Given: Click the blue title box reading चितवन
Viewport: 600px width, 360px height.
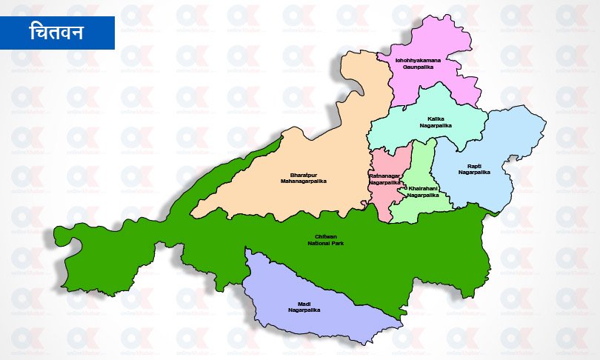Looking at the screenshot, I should coord(57,32).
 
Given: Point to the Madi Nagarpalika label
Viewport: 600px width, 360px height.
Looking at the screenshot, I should coord(303,307).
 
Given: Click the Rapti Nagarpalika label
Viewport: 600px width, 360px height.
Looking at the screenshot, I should coord(474,169).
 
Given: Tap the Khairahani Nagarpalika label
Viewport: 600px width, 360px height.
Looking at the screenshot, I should coord(423,192).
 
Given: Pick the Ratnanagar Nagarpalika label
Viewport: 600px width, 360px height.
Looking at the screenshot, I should coord(384,179).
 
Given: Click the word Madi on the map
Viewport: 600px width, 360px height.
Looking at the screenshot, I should coord(303,303).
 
